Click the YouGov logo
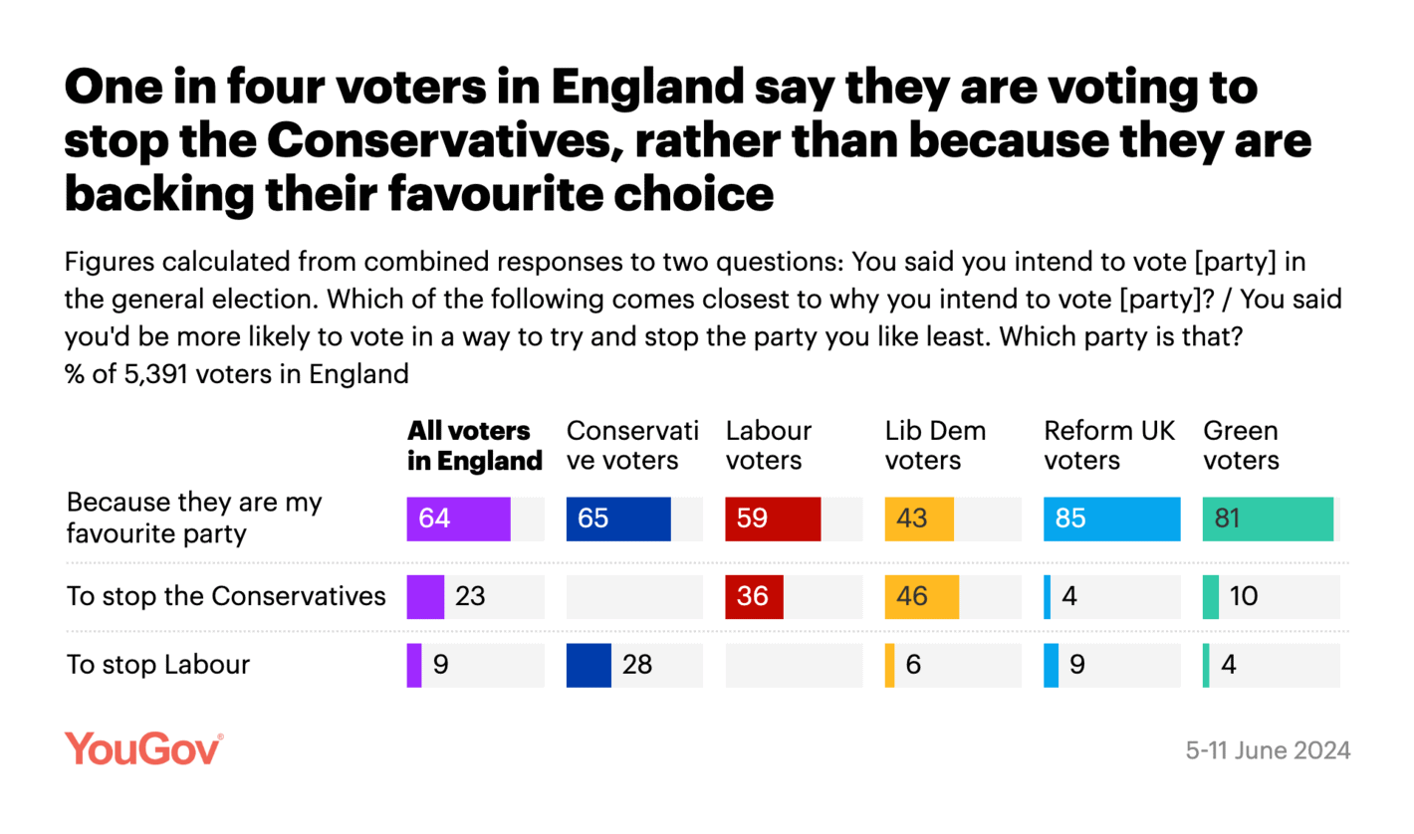coord(143,748)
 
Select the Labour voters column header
coord(769,445)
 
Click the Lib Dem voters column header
coord(935,445)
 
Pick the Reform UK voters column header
coord(1109,445)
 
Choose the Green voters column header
coord(1241,445)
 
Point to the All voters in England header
coord(475,445)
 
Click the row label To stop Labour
coord(157,665)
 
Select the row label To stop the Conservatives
coord(226,596)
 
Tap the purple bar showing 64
coord(458,520)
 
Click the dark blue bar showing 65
coord(618,520)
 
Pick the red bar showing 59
coord(773,520)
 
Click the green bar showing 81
coord(1268,520)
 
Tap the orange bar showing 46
coord(921,596)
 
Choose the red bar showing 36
coord(754,596)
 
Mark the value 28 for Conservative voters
coord(637,665)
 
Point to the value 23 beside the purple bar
coord(471,596)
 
